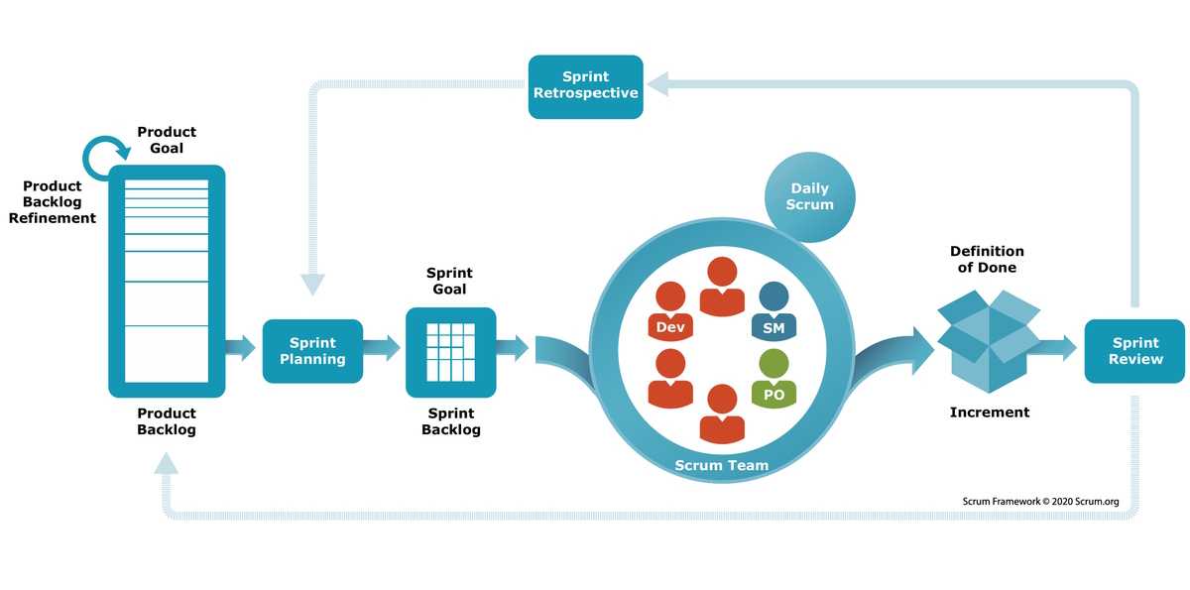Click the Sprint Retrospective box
coord(585,86)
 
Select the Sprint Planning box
coord(312,351)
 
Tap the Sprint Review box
coord(1134,351)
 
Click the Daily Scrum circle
coord(809,197)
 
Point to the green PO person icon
coord(773,378)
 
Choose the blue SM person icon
coord(773,311)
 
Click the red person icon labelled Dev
coord(670,311)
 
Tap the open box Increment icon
coord(989,341)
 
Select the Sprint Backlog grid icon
coord(450,352)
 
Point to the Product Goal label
coord(167,140)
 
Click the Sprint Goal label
coord(449,281)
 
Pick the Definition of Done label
coord(987,259)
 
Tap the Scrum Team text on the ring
coord(722,465)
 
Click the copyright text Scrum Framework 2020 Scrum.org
coord(1040,502)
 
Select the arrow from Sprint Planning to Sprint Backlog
coord(382,348)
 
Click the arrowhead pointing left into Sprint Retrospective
coord(657,84)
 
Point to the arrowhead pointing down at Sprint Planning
coord(312,285)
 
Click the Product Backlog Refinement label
coord(52,202)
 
